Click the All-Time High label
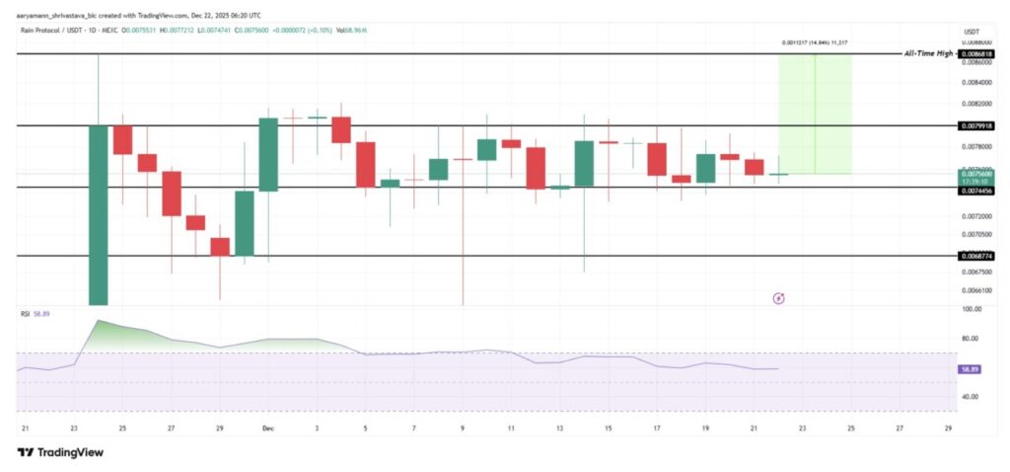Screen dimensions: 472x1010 [x=928, y=53]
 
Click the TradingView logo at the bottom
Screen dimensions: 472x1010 [x=60, y=452]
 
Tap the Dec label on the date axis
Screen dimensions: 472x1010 [x=267, y=428]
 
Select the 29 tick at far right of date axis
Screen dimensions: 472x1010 [x=948, y=428]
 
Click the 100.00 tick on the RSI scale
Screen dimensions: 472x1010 [x=972, y=310]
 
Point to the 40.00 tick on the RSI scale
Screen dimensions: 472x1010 [x=972, y=397]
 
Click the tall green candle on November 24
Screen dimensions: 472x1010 [x=98, y=214]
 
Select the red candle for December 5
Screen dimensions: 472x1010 [x=365, y=164]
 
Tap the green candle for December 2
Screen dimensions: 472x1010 [x=268, y=154]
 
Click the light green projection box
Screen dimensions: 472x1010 [x=815, y=114]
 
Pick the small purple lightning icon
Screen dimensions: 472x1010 [x=777, y=296]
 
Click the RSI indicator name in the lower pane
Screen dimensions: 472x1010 [x=27, y=314]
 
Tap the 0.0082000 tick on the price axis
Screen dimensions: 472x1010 [x=976, y=104]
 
